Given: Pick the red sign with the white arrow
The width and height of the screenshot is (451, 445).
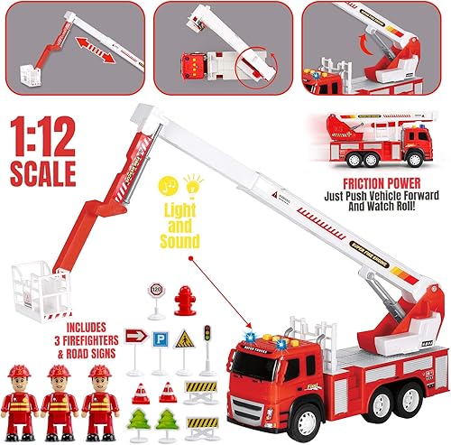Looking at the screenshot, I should pos(133,338).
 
